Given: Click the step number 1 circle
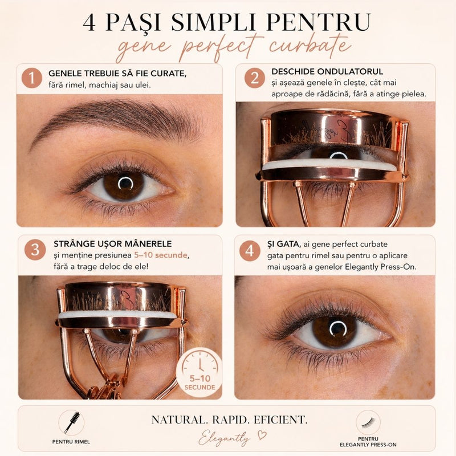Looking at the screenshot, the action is (x=32, y=78).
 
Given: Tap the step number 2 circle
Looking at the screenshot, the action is (x=254, y=78).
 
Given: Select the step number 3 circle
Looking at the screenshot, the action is (x=35, y=250).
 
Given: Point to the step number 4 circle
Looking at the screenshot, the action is (x=250, y=251).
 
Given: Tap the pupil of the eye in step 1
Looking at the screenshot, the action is (x=125, y=183).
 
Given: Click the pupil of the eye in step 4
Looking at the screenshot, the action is (x=338, y=328).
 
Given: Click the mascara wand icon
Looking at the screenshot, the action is (x=71, y=422).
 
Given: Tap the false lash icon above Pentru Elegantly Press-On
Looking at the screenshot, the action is (x=368, y=422).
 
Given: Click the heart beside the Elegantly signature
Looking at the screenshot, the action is (x=262, y=435).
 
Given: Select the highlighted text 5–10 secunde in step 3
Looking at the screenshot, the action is (x=161, y=255).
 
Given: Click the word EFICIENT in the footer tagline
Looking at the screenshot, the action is (x=280, y=420).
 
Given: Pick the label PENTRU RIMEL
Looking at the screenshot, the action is (x=71, y=442).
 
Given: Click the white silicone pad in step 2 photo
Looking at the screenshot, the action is (x=329, y=164).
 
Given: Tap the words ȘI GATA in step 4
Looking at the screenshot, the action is (x=284, y=244).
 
